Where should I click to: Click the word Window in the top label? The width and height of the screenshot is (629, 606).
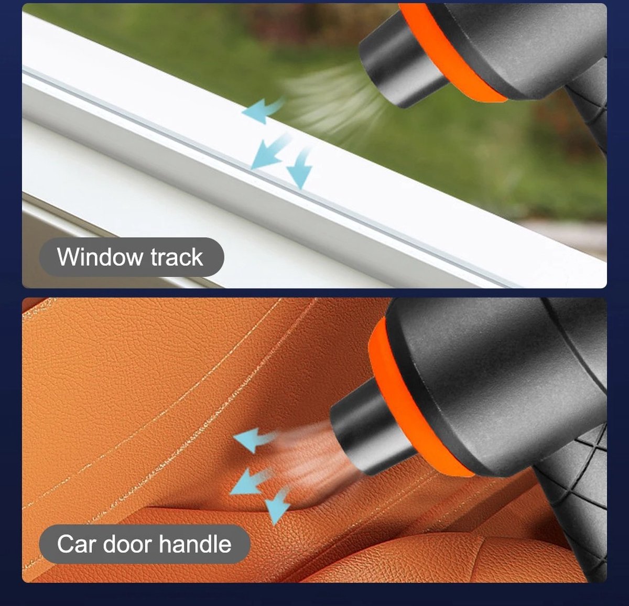[x=100, y=257]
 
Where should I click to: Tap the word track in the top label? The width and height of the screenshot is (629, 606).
[x=177, y=257]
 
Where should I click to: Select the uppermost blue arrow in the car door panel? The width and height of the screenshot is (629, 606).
[x=254, y=439]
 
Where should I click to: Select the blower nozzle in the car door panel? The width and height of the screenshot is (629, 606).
[x=372, y=430]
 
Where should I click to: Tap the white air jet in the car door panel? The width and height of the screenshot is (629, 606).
[x=310, y=452]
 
